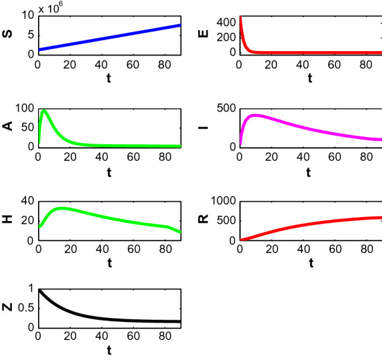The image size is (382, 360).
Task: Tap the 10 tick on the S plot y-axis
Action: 27,14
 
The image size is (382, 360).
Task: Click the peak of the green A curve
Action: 45,110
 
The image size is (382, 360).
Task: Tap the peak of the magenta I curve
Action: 255,115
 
